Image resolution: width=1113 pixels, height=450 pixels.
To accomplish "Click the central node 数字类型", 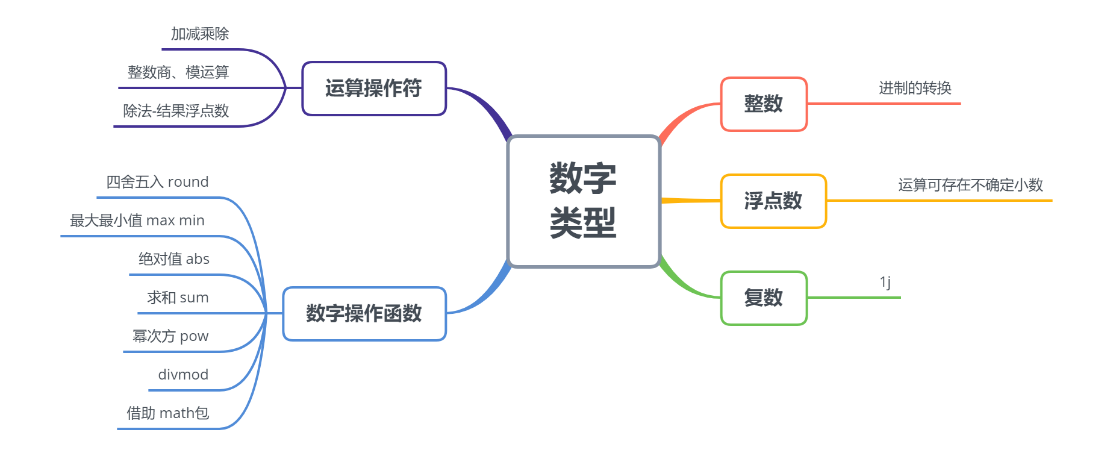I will tap(584, 201).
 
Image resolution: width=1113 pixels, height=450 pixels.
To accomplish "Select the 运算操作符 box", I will tap(373, 89).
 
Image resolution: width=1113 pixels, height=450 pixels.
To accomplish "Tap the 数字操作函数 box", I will tap(364, 314).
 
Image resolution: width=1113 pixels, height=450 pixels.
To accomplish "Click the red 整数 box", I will tap(763, 104).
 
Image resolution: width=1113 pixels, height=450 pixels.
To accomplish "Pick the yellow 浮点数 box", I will tap(773, 201).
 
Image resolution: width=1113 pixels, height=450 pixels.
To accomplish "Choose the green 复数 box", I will tap(763, 298).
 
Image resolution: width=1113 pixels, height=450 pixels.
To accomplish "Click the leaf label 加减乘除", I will tap(200, 34).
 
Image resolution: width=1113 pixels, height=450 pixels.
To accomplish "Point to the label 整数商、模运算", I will tap(178, 73).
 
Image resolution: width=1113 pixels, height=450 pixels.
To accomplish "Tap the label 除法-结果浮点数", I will tap(176, 111).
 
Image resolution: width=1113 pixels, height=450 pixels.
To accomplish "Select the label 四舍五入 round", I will tap(157, 182).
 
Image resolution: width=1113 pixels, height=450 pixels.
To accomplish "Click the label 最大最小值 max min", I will tap(137, 220).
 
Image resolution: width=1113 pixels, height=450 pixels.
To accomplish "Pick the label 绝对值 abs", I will tap(174, 259).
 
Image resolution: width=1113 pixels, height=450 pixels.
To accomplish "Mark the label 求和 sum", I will tap(178, 298).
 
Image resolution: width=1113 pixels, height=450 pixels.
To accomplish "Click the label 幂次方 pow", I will tap(170, 336).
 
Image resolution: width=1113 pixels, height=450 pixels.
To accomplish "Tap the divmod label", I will tap(183, 375).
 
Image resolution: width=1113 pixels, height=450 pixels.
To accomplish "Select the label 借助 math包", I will tap(167, 413).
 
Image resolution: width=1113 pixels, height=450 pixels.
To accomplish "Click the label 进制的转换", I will tap(915, 89).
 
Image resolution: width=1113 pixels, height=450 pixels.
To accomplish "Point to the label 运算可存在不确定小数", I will tap(970, 185).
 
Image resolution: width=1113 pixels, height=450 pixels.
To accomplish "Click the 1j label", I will tap(885, 282).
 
